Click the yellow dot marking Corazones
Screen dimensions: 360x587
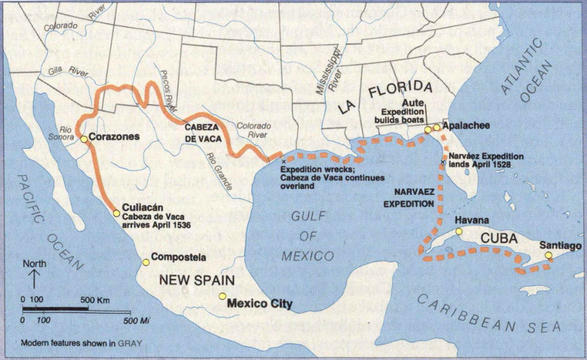[x=84, y=139]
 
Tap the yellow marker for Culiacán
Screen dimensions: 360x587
[x=117, y=213]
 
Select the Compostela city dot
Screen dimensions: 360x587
[x=145, y=258]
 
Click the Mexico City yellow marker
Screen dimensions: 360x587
[x=222, y=295]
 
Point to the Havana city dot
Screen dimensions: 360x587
[x=459, y=231]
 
